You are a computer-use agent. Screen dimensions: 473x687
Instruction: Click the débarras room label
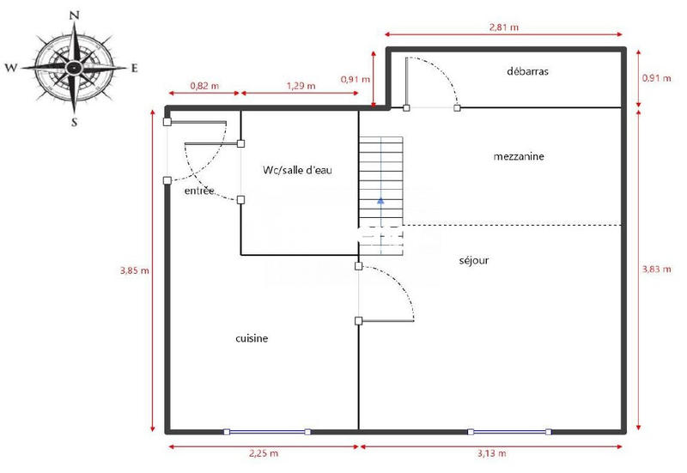[527, 71]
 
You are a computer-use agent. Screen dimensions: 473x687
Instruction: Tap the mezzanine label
[520, 156]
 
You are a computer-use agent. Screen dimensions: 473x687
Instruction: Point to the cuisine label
[252, 338]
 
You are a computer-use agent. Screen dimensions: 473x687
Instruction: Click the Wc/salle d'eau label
[297, 170]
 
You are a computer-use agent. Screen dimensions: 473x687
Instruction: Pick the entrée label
[199, 191]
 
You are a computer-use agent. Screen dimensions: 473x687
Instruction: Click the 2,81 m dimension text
[503, 27]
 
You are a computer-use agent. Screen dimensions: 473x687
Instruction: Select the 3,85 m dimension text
[134, 270]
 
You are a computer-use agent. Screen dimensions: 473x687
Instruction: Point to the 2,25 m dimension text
[263, 453]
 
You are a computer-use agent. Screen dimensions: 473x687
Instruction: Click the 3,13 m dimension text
[490, 453]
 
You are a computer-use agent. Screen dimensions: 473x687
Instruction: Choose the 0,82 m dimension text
[204, 86]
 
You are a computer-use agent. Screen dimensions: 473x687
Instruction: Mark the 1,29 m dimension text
[300, 86]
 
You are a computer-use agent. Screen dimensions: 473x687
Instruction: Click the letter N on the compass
[75, 15]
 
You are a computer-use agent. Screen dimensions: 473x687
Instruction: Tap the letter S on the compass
[75, 122]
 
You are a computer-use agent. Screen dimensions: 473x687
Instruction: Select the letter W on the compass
[11, 67]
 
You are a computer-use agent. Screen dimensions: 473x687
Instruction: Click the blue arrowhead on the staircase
[380, 201]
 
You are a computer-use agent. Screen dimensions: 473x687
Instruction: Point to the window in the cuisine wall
[266, 431]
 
